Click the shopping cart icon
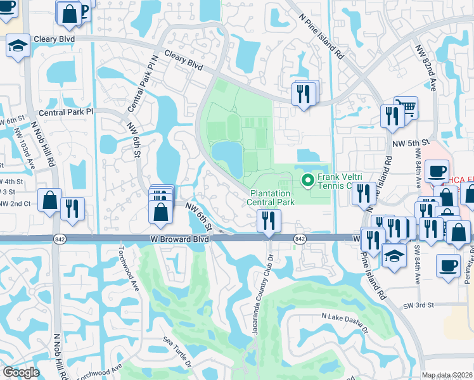pyautogui.click(x=405, y=107)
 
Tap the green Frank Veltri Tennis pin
pyautogui.click(x=309, y=180)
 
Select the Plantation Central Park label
pyautogui.click(x=272, y=198)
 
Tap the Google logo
pyautogui.click(x=21, y=372)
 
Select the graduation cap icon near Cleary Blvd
pyautogui.click(x=18, y=46)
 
